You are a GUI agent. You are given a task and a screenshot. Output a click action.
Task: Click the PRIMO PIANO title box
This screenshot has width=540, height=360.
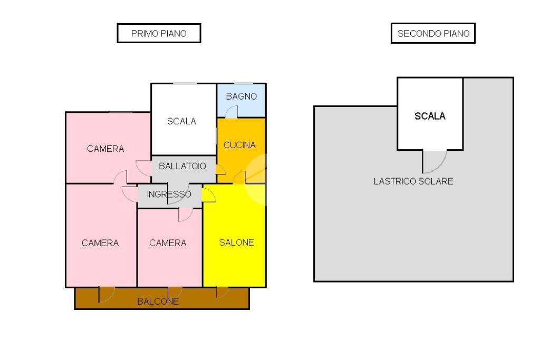159,33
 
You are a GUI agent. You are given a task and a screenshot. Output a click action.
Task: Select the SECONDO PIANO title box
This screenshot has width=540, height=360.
433,33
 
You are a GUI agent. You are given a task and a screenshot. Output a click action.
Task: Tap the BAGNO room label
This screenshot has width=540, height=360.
242,96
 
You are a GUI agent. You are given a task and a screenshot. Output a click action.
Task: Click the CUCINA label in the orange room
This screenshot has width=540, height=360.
240,145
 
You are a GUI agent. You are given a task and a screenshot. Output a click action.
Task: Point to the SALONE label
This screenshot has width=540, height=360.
237,242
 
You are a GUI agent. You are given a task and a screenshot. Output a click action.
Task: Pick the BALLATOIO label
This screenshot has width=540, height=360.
182,166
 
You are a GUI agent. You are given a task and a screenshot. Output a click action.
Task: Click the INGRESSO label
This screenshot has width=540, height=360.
169,194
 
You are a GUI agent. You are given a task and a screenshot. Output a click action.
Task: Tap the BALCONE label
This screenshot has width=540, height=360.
158,301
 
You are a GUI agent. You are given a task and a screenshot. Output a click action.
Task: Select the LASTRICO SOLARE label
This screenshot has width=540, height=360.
413,181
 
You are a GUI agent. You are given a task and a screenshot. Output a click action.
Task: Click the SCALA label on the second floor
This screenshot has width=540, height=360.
430,116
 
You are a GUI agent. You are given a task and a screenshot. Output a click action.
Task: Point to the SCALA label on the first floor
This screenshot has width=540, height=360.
181,121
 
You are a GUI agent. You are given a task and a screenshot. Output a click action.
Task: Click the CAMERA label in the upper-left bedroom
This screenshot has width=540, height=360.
105,149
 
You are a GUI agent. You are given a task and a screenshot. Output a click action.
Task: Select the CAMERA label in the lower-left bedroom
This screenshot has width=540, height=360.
100,243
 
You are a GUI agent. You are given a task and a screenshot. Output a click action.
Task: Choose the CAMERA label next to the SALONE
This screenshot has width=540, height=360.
168,243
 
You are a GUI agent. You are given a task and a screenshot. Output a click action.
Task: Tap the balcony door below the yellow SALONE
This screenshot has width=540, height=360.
222,293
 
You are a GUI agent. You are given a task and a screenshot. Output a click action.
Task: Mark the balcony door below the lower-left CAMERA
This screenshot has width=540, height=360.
107,295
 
